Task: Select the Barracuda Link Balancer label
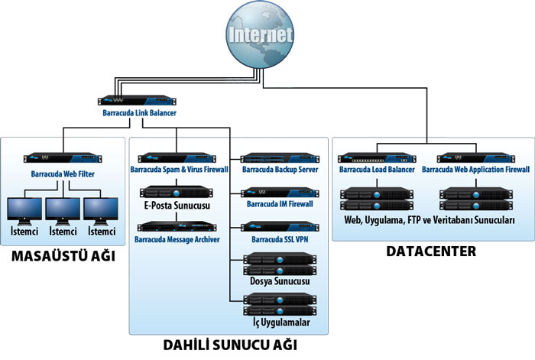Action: pyautogui.click(x=139, y=113)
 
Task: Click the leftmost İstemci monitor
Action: pyautogui.click(x=24, y=209)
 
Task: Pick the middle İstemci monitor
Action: pyautogui.click(x=63, y=209)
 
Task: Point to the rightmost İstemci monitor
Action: pyautogui.click(x=102, y=209)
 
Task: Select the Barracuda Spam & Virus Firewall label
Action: pyautogui.click(x=179, y=169)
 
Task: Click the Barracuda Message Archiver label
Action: pyautogui.click(x=177, y=239)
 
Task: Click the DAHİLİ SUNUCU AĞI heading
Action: pyautogui.click(x=229, y=345)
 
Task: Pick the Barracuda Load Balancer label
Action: pyautogui.click(x=378, y=169)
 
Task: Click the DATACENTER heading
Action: pyautogui.click(x=433, y=251)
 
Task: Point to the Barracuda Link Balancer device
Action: pyautogui.click(x=139, y=100)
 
